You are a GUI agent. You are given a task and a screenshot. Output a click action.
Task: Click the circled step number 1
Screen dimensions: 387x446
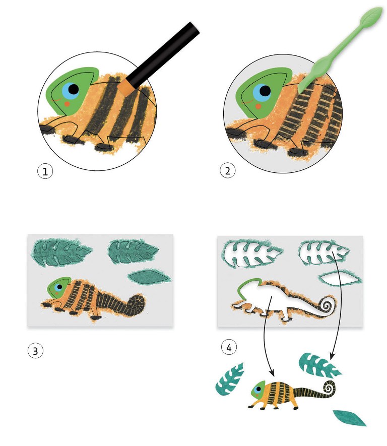coord(45,171)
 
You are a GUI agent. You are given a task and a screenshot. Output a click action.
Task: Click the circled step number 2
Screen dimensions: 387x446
coord(227,171)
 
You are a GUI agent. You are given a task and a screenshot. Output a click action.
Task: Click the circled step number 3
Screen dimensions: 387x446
coord(35,350)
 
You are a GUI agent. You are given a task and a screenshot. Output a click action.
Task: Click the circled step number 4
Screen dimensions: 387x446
coord(229,347)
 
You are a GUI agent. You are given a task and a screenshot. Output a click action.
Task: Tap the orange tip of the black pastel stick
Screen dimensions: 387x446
coord(126,87)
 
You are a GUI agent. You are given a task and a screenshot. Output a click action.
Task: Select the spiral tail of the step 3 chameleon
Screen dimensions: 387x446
coord(136,304)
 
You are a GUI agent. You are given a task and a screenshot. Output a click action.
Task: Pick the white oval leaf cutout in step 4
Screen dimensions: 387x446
coord(339,278)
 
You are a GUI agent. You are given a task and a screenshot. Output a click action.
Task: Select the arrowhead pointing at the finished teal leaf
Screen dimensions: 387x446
coord(332,356)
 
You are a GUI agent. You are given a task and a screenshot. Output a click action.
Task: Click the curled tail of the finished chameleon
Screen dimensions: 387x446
coord(329,388)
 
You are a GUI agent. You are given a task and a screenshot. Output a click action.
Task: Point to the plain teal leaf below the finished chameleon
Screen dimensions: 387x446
coord(350,418)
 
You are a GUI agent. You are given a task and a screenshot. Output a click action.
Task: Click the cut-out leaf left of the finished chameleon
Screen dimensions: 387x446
coord(230,379)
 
